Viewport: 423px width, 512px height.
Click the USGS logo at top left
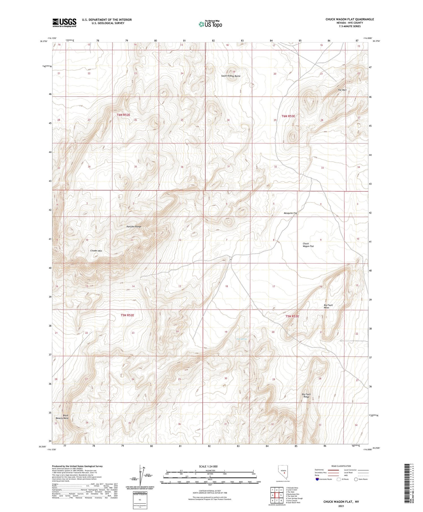coord(64,23)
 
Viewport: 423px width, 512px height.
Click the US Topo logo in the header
coord(210,24)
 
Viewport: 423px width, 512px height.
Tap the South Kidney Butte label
coord(231,76)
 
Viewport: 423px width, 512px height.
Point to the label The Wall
coord(342,90)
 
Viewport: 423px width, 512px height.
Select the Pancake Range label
coord(134,226)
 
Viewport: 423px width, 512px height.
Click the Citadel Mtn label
coord(96,251)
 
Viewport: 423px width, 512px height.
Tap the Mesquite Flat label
coord(290,213)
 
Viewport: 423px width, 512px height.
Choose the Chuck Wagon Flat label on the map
coord(308,245)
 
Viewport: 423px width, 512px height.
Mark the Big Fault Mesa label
coord(328,306)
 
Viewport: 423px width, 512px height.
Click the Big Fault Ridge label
coord(306,395)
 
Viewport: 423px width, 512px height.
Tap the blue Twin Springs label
coord(242,339)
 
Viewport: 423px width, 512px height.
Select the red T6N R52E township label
coord(124,115)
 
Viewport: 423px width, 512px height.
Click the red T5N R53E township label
coord(292,316)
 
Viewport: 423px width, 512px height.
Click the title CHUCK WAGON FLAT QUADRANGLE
coord(350,19)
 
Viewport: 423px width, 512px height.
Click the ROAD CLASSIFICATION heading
coord(341,466)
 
